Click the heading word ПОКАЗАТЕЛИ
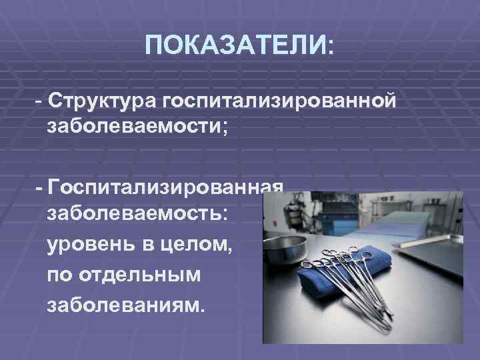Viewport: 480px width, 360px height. tap(234, 46)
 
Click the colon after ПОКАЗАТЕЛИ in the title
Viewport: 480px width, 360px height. tap(332, 46)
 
